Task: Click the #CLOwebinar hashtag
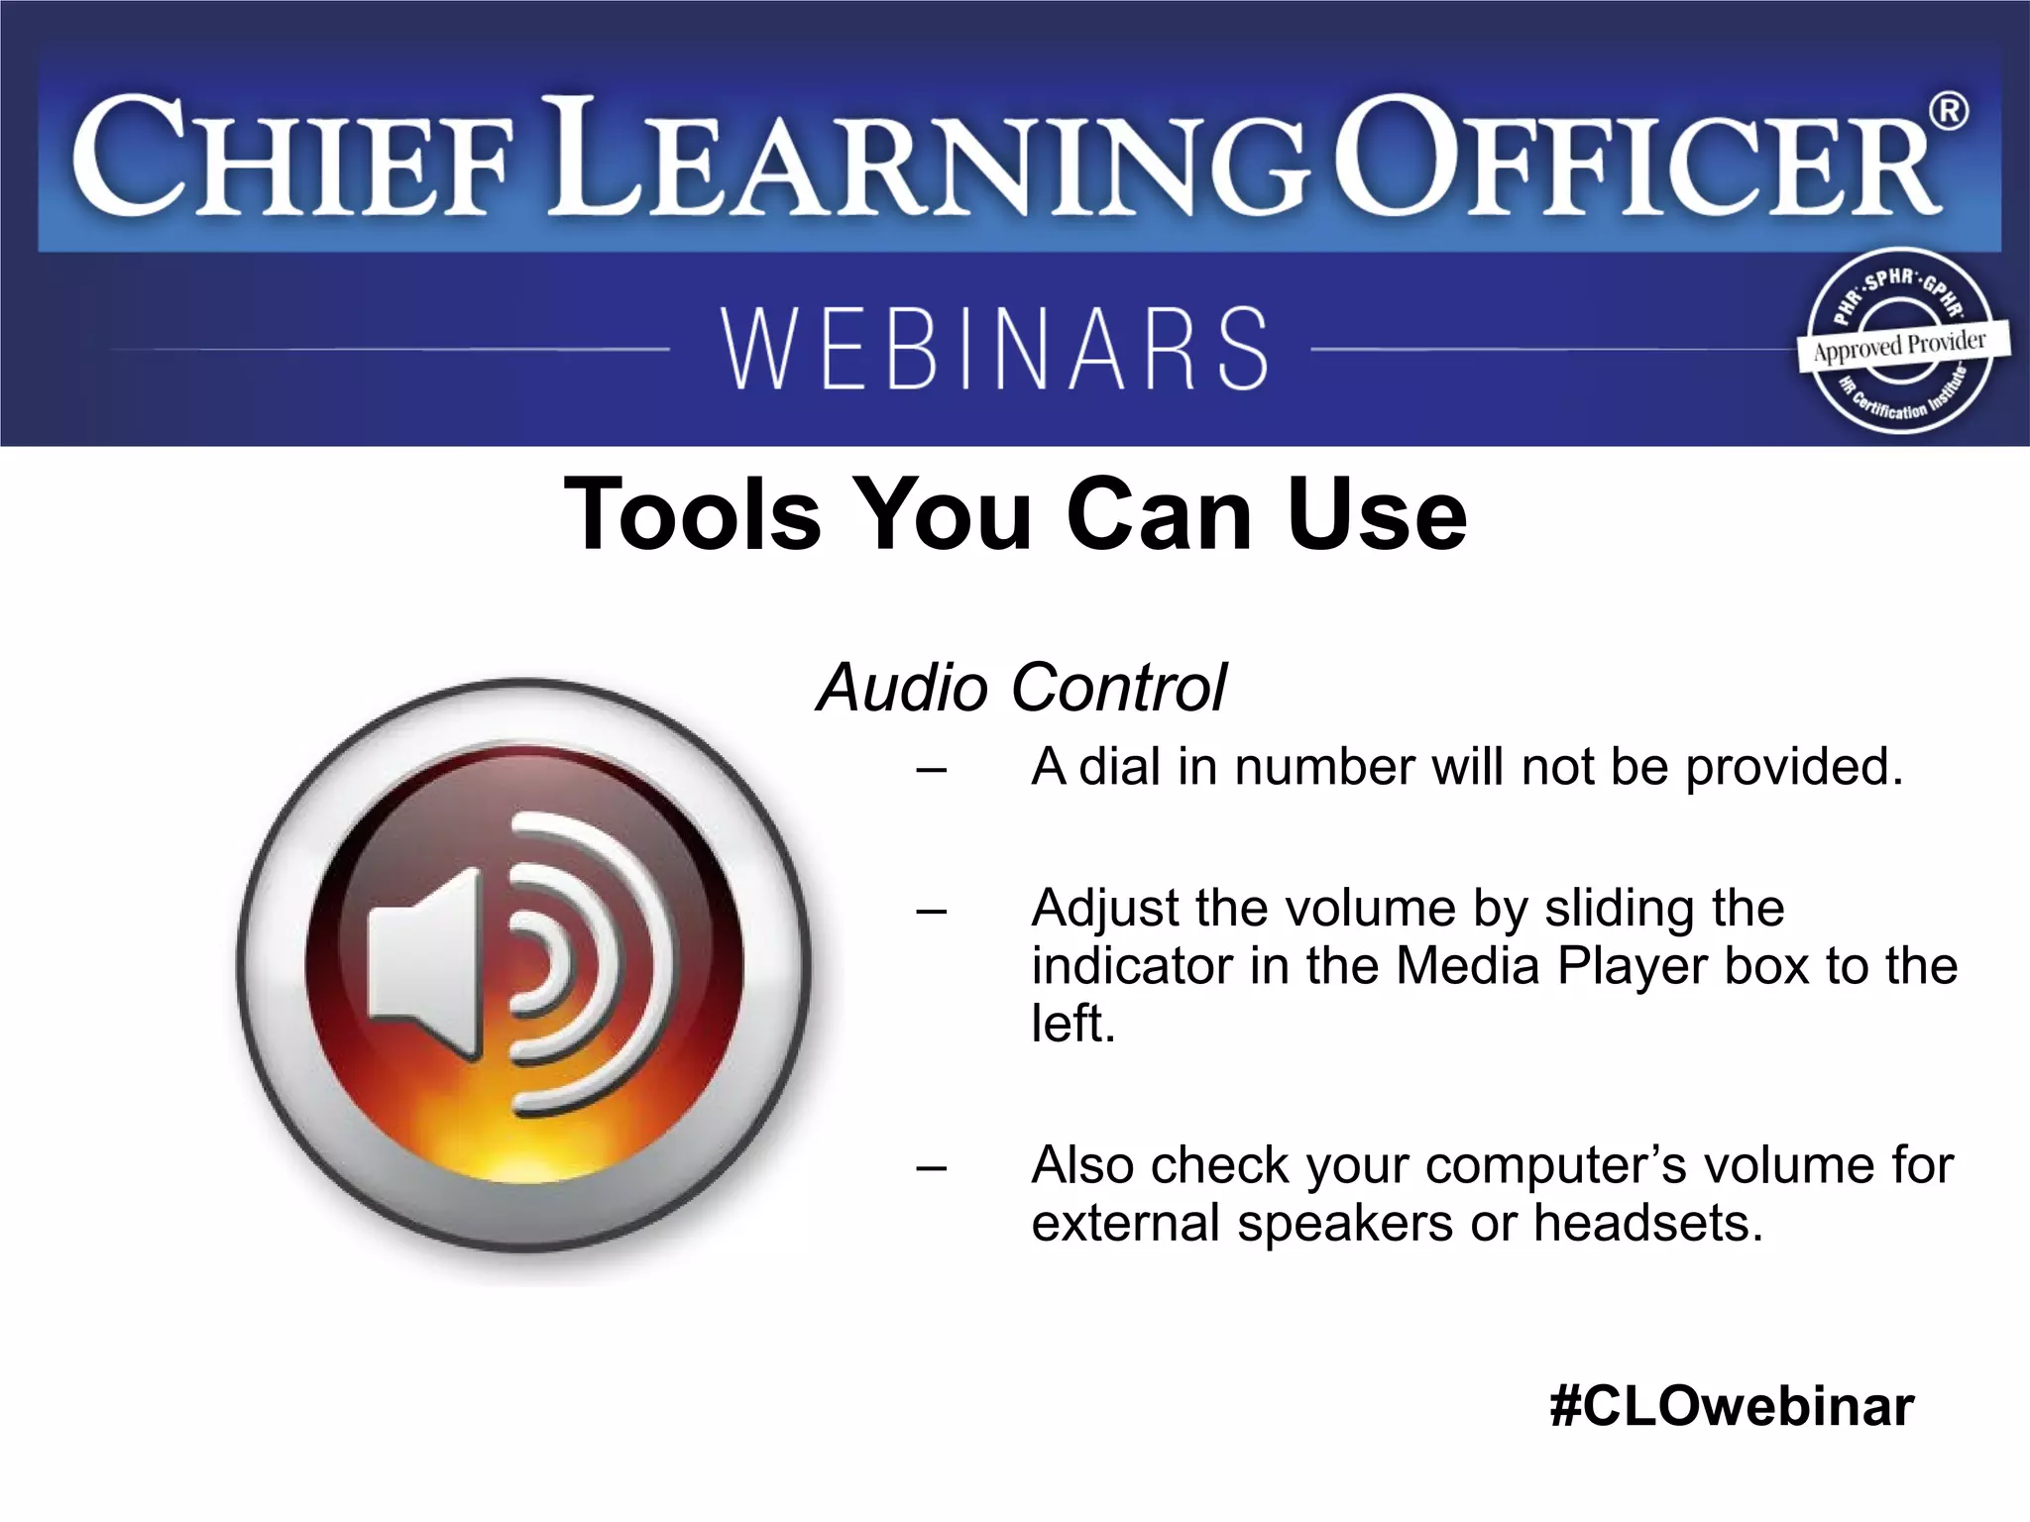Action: pos(1731,1406)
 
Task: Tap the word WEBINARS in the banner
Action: pos(994,348)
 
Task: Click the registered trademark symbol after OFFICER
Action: pos(1949,111)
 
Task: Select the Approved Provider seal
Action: pos(1901,343)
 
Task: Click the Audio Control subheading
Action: pos(1020,688)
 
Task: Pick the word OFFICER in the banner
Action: pos(1635,159)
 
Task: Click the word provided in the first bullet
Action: pos(1793,767)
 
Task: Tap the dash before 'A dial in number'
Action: pos(931,769)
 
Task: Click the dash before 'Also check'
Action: pos(931,1167)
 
